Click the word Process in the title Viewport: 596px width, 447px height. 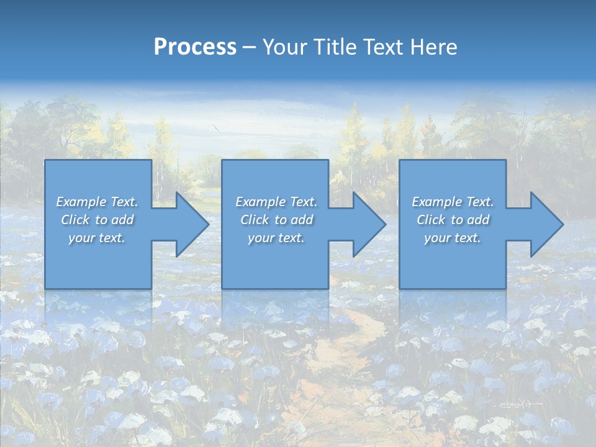[195, 47]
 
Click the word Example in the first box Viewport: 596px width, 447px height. [81, 202]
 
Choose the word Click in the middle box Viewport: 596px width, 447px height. [254, 220]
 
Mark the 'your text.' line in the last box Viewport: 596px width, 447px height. [453, 238]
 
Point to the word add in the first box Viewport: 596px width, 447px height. [122, 220]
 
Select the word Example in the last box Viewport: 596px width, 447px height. [436, 202]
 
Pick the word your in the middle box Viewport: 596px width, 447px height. [261, 238]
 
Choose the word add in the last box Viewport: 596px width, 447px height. [478, 220]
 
